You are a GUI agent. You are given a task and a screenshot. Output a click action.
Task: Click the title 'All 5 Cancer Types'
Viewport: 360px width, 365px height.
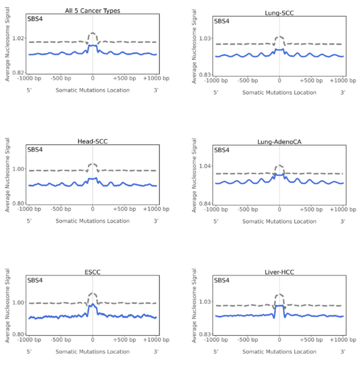(92, 10)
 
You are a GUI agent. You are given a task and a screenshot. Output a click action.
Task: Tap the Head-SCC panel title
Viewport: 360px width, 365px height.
(92, 141)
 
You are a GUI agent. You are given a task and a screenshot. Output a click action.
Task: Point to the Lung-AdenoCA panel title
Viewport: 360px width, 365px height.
(279, 141)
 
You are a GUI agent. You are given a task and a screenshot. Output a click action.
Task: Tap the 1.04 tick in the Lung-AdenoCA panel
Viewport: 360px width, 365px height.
(204, 167)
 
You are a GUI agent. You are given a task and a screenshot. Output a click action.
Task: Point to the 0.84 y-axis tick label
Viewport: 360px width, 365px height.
(204, 203)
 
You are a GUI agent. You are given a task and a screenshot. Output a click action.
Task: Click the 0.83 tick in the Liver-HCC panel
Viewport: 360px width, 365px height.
(204, 334)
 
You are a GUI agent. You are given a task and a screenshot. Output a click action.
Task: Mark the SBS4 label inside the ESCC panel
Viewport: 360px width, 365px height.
(36, 281)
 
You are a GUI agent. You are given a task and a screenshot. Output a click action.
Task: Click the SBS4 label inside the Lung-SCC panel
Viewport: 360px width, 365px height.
(222, 21)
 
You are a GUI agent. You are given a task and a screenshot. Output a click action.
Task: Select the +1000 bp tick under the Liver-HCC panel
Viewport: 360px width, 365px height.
(342, 340)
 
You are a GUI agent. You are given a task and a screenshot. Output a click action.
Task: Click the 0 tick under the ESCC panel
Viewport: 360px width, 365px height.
(93, 340)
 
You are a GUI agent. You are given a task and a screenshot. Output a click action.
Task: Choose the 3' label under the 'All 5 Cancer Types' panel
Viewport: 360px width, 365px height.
(156, 90)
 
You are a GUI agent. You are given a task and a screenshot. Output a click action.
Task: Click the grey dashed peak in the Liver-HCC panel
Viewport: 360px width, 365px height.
(279, 294)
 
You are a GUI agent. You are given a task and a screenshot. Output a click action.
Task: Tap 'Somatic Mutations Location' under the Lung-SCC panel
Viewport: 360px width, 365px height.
(279, 92)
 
